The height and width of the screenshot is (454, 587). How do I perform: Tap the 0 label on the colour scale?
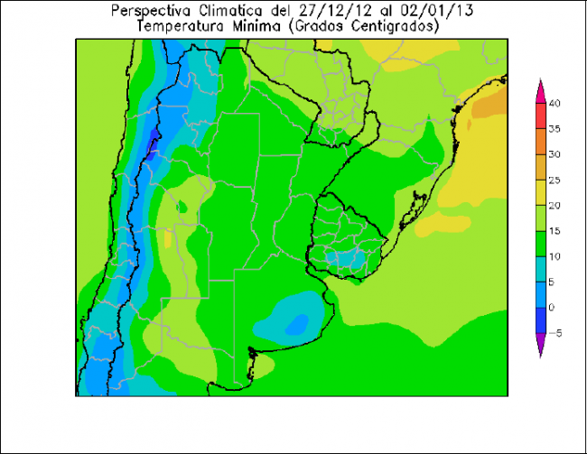pyautogui.click(x=554, y=308)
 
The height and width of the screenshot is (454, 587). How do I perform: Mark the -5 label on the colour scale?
pyautogui.click(x=555, y=333)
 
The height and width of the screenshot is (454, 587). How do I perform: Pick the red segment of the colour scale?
pyautogui.click(x=540, y=116)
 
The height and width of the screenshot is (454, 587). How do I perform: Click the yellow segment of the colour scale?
pyautogui.click(x=540, y=192)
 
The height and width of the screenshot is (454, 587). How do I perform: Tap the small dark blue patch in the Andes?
pyautogui.click(x=153, y=138)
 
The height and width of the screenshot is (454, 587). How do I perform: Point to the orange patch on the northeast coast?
pyautogui.click(x=489, y=106)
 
